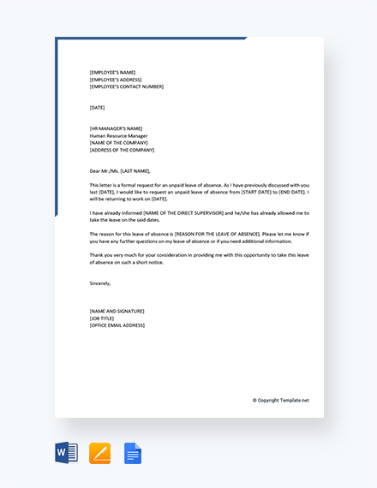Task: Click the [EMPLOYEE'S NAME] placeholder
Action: click(x=112, y=72)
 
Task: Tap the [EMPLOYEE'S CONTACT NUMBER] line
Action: click(x=126, y=86)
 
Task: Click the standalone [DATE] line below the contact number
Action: click(x=98, y=107)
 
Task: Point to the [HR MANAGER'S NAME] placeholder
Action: click(x=116, y=128)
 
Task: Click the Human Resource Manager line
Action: click(x=121, y=135)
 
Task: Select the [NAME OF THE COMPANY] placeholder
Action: click(x=119, y=142)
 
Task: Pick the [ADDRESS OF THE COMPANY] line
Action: click(x=123, y=150)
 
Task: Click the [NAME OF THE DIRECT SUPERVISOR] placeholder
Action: click(x=171, y=212)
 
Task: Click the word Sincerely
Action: click(x=100, y=283)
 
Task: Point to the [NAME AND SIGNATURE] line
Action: click(x=117, y=311)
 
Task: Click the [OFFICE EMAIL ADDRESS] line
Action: click(x=117, y=325)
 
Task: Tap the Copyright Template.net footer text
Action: click(x=281, y=400)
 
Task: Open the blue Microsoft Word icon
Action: click(x=66, y=453)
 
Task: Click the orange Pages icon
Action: click(x=99, y=453)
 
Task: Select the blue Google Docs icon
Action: click(x=133, y=453)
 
